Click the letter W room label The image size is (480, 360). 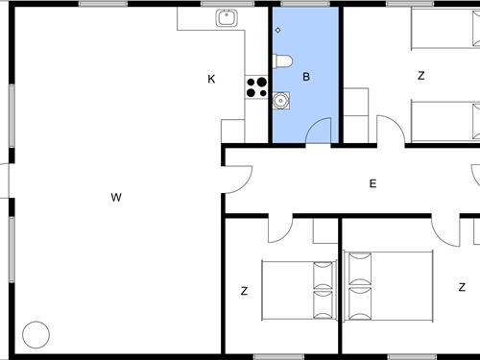click(x=116, y=197)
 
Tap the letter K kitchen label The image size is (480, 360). click(x=211, y=79)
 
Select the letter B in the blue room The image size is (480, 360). click(x=306, y=77)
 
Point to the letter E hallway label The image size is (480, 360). click(x=372, y=183)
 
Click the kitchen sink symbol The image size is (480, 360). click(x=227, y=18)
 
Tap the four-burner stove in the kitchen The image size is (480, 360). click(x=256, y=87)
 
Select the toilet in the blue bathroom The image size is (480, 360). click(x=282, y=61)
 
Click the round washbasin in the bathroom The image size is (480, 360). click(x=281, y=101)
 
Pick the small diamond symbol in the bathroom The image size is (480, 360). click(x=278, y=30)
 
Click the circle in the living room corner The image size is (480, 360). click(x=36, y=335)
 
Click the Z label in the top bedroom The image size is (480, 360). click(x=421, y=76)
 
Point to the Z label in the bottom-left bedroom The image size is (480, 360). click(x=244, y=291)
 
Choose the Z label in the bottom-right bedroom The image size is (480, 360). click(x=462, y=287)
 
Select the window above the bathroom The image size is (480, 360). click(x=305, y=4)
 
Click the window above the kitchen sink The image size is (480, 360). click(x=228, y=4)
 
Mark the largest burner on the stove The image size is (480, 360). click(x=262, y=83)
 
